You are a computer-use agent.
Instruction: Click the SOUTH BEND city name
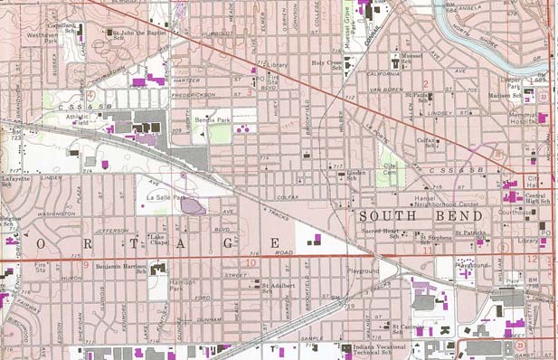pos(421,217)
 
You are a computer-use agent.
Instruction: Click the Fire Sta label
pos(39,268)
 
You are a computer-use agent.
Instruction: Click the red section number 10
pos(250,264)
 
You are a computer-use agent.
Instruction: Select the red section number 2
pos(424,85)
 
